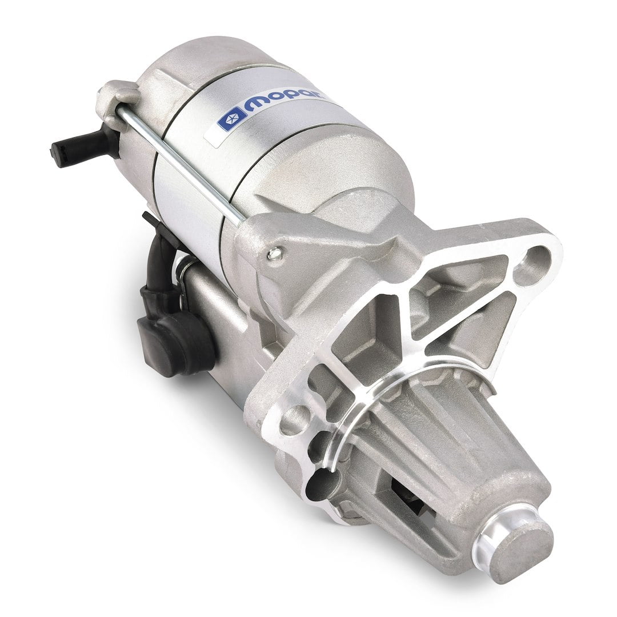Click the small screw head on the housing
click(x=275, y=251)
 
